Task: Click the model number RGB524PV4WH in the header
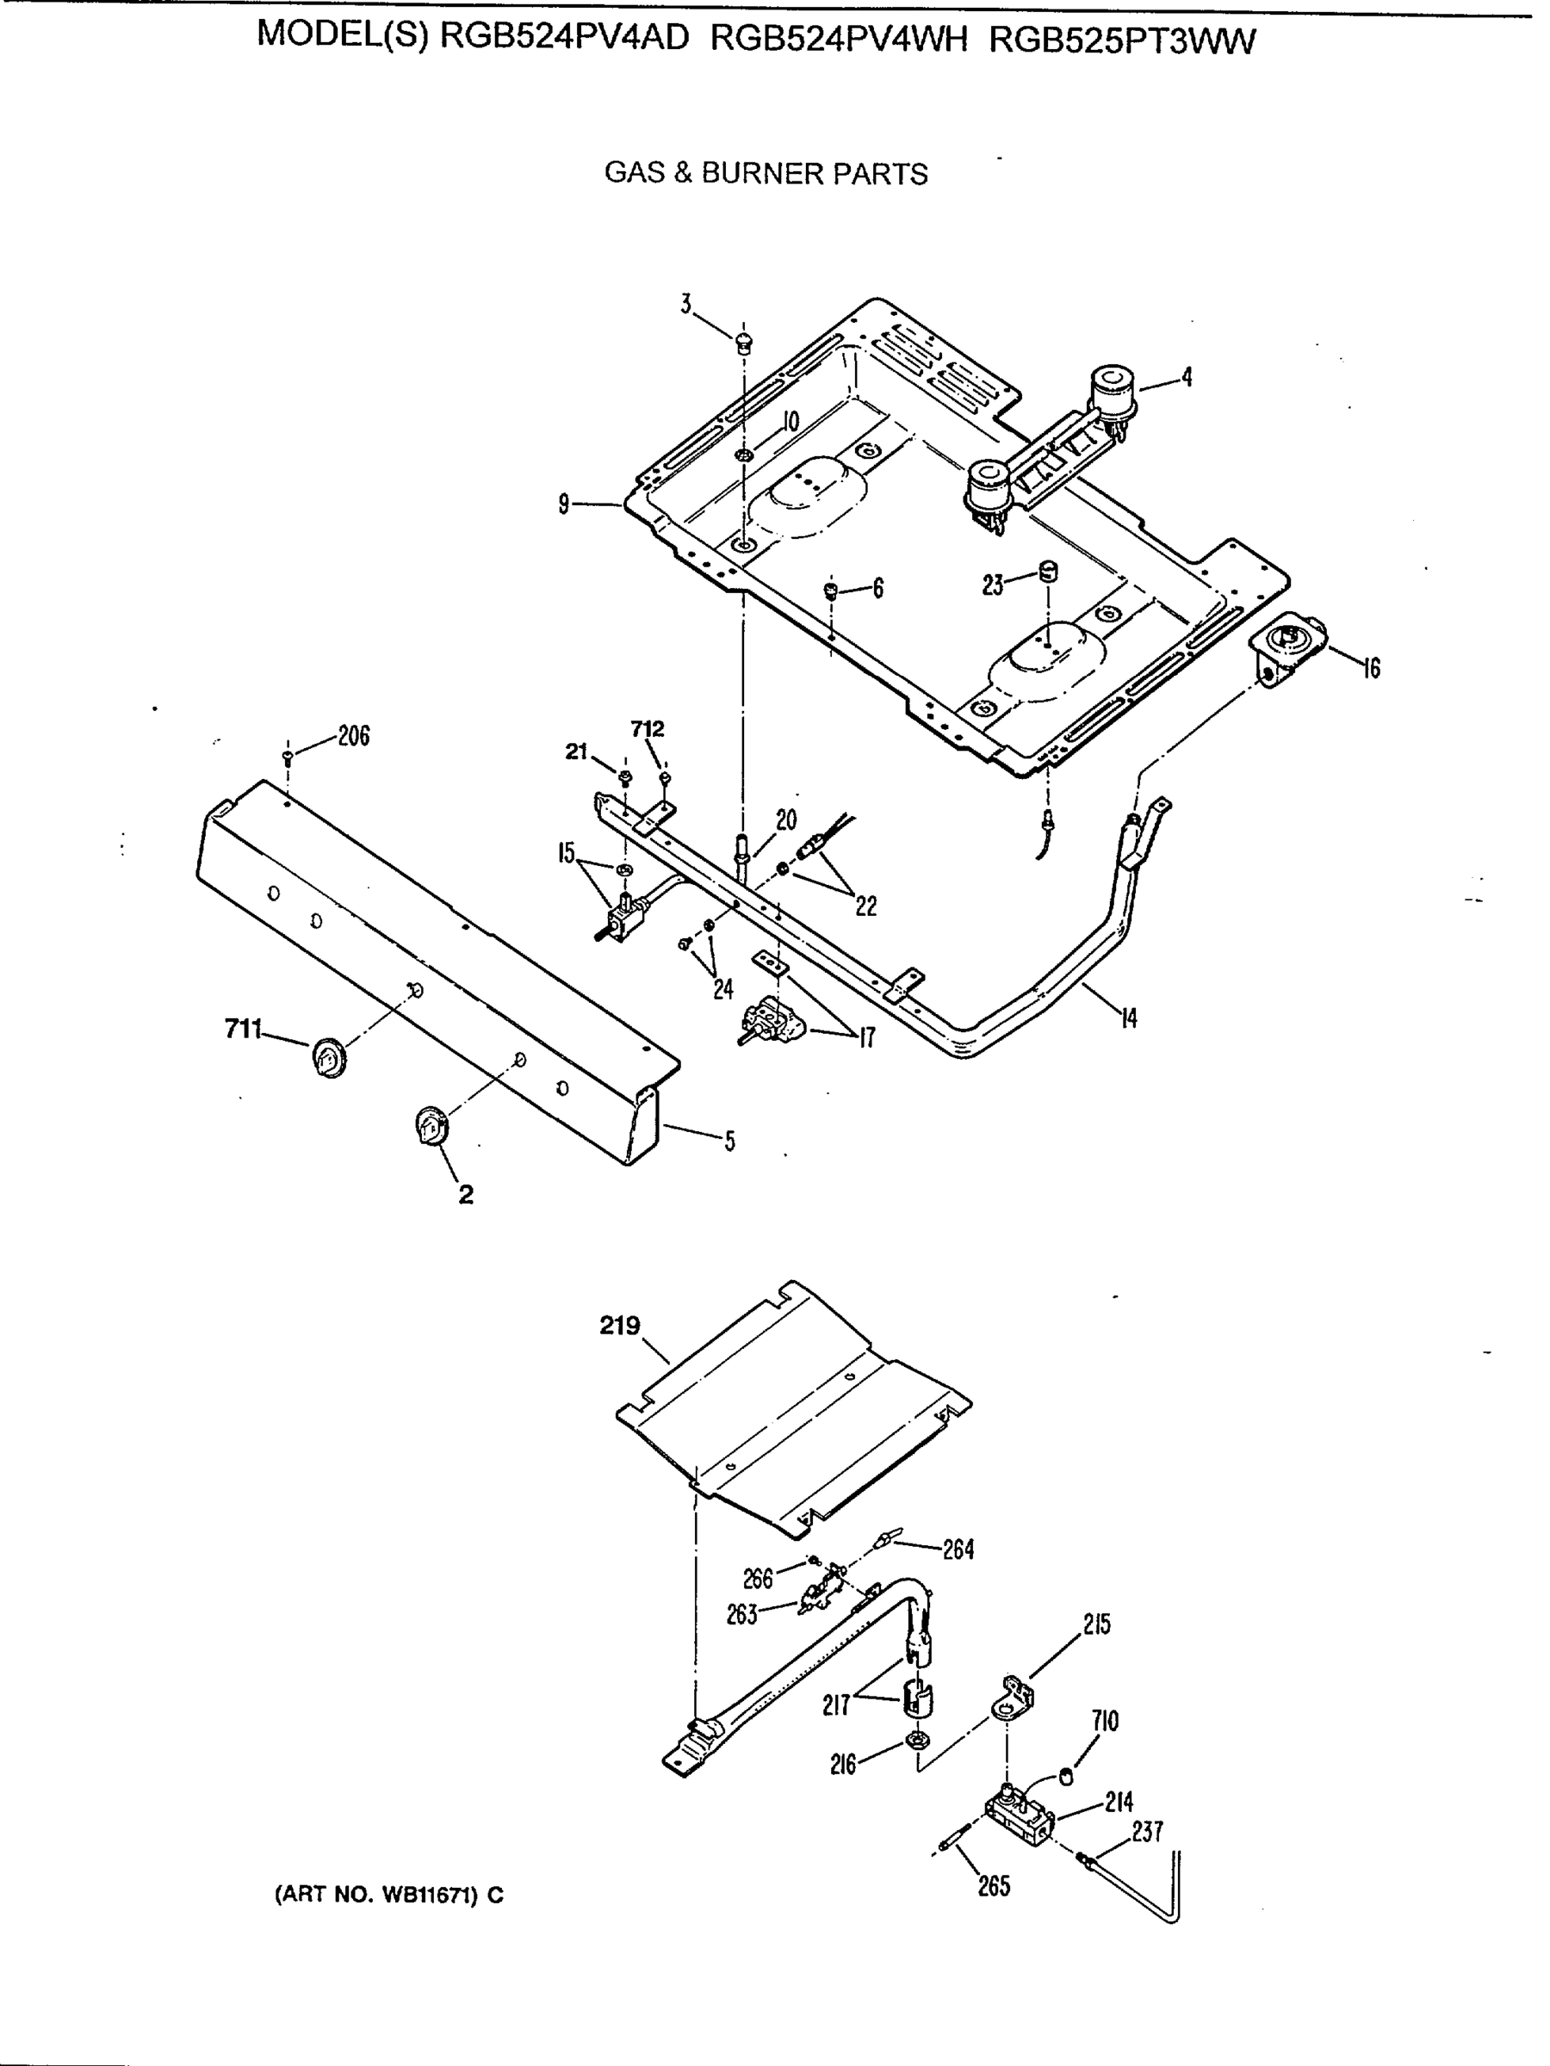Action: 838,40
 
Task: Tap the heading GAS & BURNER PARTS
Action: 766,174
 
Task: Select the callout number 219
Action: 619,1325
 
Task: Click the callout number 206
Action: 353,736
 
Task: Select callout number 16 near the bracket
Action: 1371,669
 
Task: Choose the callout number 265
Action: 993,1886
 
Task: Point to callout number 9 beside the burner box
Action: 563,504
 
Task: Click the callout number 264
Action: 958,1549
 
